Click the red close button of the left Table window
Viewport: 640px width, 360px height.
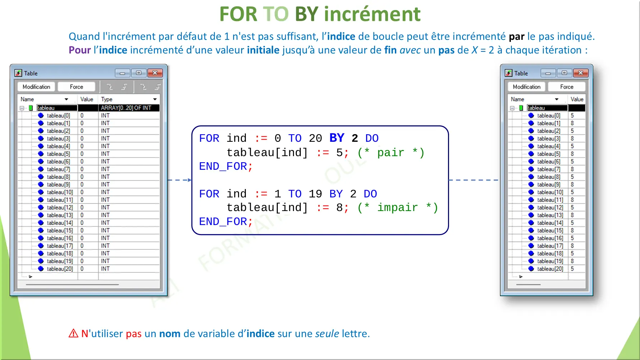[155, 73]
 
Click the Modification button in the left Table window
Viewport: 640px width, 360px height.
[36, 87]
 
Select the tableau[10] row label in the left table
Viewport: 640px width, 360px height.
[60, 192]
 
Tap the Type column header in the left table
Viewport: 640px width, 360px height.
[107, 99]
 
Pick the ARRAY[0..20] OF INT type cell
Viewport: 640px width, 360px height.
[126, 108]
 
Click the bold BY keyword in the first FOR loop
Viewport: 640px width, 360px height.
[337, 138]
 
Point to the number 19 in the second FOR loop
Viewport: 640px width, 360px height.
[315, 194]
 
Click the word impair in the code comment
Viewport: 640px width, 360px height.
[397, 208]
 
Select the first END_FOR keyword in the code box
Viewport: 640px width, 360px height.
[223, 167]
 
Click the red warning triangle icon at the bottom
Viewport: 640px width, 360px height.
[73, 333]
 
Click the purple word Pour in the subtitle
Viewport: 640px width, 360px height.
[80, 50]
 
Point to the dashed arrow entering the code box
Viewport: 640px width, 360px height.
[179, 180]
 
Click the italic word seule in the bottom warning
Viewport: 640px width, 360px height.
[327, 333]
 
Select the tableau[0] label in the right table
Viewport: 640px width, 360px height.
[548, 116]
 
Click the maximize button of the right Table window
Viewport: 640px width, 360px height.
[564, 73]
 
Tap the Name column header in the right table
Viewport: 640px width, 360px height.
[517, 99]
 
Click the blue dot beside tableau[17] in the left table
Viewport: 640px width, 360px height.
[41, 246]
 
